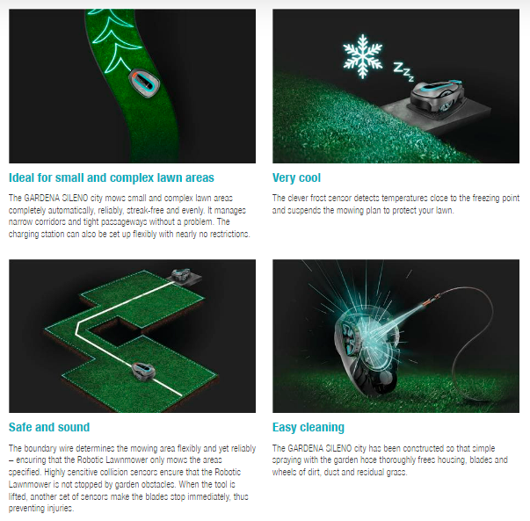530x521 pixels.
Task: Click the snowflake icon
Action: pos(363,56)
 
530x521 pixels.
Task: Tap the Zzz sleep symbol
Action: pos(403,72)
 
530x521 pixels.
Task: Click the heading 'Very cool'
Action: pos(296,177)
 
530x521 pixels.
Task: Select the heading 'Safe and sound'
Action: pos(49,427)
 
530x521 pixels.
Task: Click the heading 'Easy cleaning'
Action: pos(309,427)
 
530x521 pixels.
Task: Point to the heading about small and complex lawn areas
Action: pos(112,177)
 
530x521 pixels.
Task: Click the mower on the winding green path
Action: pos(144,83)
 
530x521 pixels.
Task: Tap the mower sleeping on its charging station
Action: pos(436,95)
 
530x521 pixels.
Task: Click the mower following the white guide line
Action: pos(143,372)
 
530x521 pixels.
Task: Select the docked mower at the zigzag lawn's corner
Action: pos(181,275)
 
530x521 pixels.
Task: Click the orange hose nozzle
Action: pos(432,299)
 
